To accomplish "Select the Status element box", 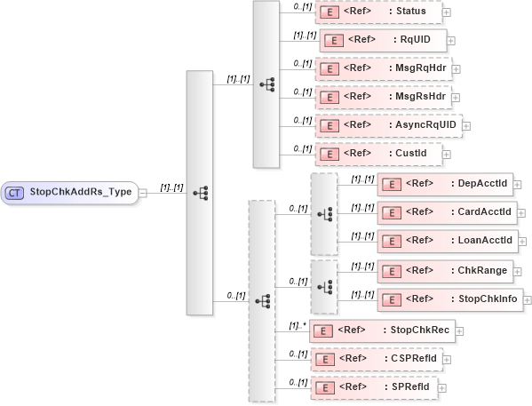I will (377, 12).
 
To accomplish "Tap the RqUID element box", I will (382, 40).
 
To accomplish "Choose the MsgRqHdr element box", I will (382, 68).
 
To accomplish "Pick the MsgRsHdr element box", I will (382, 96).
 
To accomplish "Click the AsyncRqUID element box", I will (387, 124).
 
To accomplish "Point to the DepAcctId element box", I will (444, 183).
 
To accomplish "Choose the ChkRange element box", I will (443, 269).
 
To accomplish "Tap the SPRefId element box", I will (373, 387).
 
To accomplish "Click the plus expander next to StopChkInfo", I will (528, 299).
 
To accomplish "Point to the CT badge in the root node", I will (14, 191).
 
